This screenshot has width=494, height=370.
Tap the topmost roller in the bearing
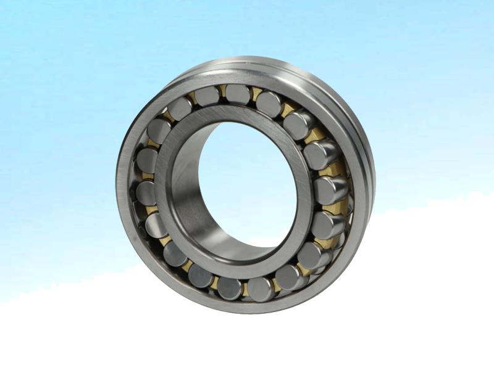coord(238,94)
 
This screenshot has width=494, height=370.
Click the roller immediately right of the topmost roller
coord(269,102)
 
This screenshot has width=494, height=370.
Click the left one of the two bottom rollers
coord(229,287)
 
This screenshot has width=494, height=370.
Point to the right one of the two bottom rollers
coord(261,287)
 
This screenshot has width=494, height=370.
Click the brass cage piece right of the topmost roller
coord(255,94)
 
